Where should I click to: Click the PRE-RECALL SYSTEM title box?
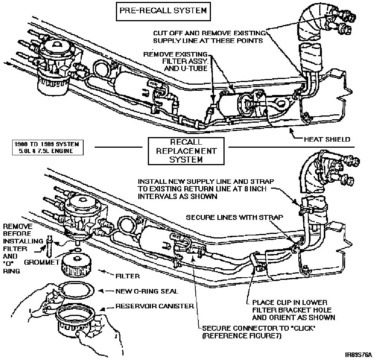163,11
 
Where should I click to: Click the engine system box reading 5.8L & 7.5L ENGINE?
46,148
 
